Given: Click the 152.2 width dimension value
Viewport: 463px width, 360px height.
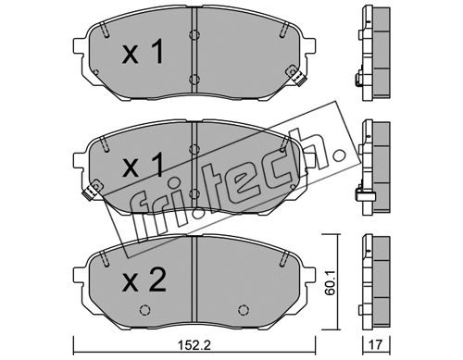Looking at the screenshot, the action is tap(194, 345).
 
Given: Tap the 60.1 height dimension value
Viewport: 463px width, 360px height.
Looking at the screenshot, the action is tap(331, 281).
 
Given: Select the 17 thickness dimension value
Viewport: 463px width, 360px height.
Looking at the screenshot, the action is tap(375, 345).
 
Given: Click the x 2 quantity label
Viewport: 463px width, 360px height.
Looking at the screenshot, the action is tap(144, 280).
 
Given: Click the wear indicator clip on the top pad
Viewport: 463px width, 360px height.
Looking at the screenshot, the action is tap(295, 76).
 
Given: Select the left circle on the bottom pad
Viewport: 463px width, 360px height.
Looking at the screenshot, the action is tap(144, 310).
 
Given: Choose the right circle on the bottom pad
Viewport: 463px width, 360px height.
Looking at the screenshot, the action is tap(244, 310).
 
